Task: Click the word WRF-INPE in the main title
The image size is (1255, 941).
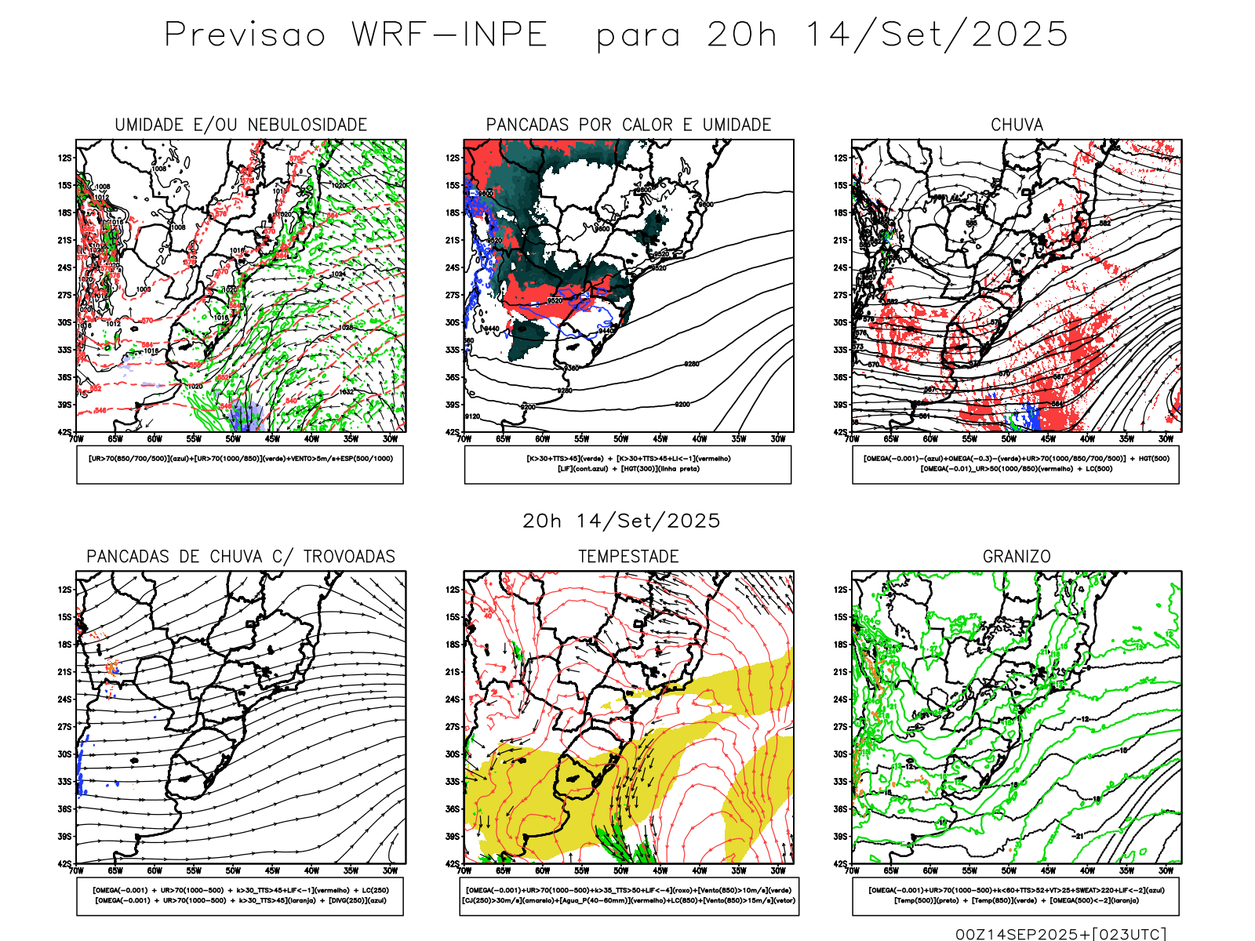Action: [x=449, y=35]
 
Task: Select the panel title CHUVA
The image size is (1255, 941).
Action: [x=1017, y=125]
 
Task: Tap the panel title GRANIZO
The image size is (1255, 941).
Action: [x=1017, y=557]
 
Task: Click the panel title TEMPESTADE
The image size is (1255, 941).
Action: [x=628, y=557]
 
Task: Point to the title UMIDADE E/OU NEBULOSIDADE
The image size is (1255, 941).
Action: [x=241, y=125]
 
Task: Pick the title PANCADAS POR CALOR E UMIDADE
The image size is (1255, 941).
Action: [x=628, y=125]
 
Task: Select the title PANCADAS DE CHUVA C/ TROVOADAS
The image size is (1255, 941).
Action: [x=241, y=557]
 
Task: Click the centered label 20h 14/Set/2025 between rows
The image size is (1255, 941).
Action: [x=621, y=521]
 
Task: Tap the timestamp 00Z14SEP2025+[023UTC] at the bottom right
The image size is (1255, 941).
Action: [x=1060, y=934]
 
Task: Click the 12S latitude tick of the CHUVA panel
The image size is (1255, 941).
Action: [x=840, y=158]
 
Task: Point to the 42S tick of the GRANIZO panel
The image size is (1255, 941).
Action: [x=840, y=864]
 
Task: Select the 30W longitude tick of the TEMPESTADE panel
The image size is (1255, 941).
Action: [x=777, y=870]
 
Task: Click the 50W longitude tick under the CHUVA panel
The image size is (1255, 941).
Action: [x=1009, y=439]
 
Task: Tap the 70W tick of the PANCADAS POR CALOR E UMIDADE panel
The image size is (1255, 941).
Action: [x=464, y=439]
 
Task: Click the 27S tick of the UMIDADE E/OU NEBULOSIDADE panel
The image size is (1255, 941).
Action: [x=64, y=295]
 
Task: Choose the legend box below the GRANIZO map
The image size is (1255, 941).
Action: [x=1016, y=896]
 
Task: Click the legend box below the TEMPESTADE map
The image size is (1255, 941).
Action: [x=628, y=896]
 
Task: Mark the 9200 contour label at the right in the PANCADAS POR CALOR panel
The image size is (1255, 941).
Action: [x=682, y=405]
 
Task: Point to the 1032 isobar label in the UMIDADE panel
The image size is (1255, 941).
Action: [x=346, y=392]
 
